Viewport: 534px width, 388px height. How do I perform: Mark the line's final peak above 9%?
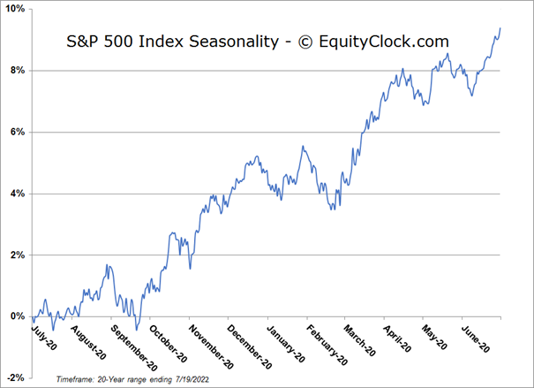click(500, 28)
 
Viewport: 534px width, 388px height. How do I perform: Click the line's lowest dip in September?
click(136, 330)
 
